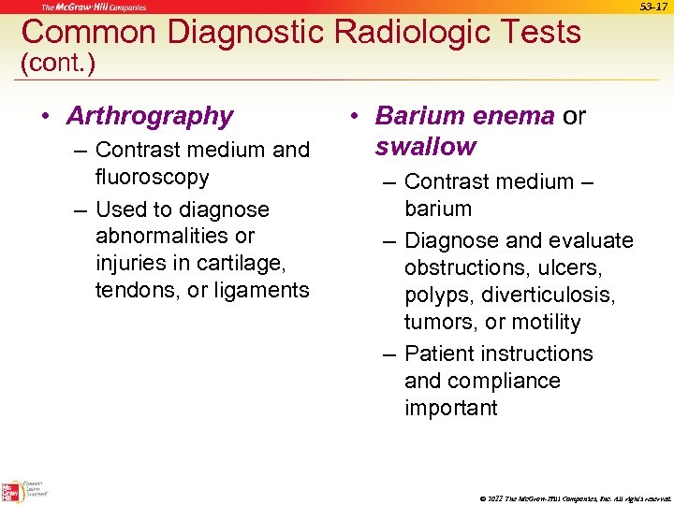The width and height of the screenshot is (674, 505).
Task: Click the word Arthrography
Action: point(149,116)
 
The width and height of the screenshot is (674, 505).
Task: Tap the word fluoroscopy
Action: point(152,177)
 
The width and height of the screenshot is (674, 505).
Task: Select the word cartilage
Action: point(240,263)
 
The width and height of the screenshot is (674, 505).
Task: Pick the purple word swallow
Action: point(426,147)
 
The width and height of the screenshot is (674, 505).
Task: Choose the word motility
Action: point(547,322)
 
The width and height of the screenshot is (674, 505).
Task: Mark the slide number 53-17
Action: point(652,7)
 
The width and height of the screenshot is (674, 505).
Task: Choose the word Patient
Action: point(442,353)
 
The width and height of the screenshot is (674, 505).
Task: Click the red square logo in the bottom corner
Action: point(11,491)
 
